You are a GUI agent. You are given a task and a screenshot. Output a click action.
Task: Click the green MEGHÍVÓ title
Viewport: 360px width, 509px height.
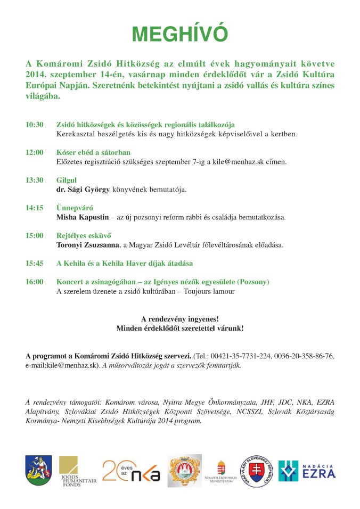click(179, 34)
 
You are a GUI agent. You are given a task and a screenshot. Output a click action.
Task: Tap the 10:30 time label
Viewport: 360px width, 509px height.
click(34, 125)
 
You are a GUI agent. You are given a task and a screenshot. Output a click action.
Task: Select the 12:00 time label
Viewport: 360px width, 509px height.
click(34, 152)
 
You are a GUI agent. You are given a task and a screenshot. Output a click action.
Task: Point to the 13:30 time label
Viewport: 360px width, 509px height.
click(34, 180)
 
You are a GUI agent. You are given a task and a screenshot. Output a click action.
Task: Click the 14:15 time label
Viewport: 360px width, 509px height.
click(34, 208)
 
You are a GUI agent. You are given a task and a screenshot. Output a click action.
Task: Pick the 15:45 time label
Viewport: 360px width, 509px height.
click(34, 263)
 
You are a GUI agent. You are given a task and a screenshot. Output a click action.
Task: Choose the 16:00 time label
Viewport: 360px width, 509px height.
click(34, 282)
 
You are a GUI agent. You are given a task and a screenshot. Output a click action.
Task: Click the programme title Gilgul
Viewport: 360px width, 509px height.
click(66, 180)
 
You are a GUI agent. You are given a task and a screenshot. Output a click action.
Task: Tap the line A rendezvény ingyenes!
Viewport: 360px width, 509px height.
click(179, 319)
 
